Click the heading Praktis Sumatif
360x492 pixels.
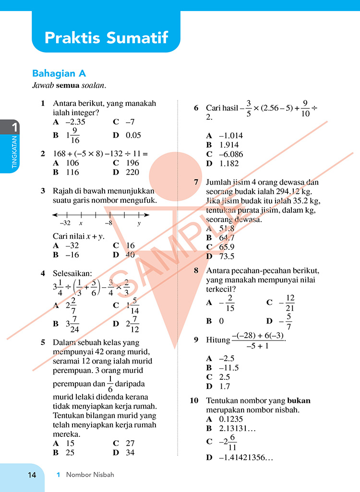[x=106, y=38]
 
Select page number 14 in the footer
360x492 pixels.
[x=32, y=475]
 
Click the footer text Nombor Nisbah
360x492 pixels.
[x=90, y=475]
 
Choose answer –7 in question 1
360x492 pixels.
[x=130, y=122]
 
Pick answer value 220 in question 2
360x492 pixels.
[x=132, y=172]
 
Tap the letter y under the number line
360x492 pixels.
[x=139, y=223]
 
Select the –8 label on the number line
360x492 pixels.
[x=109, y=223]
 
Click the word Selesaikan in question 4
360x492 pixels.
[x=72, y=274]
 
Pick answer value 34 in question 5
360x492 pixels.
[x=130, y=452]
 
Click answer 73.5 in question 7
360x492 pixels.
[x=227, y=256]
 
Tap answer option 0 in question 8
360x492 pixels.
[x=221, y=321]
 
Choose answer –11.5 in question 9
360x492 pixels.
[x=229, y=368]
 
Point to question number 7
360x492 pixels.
[x=196, y=182]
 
